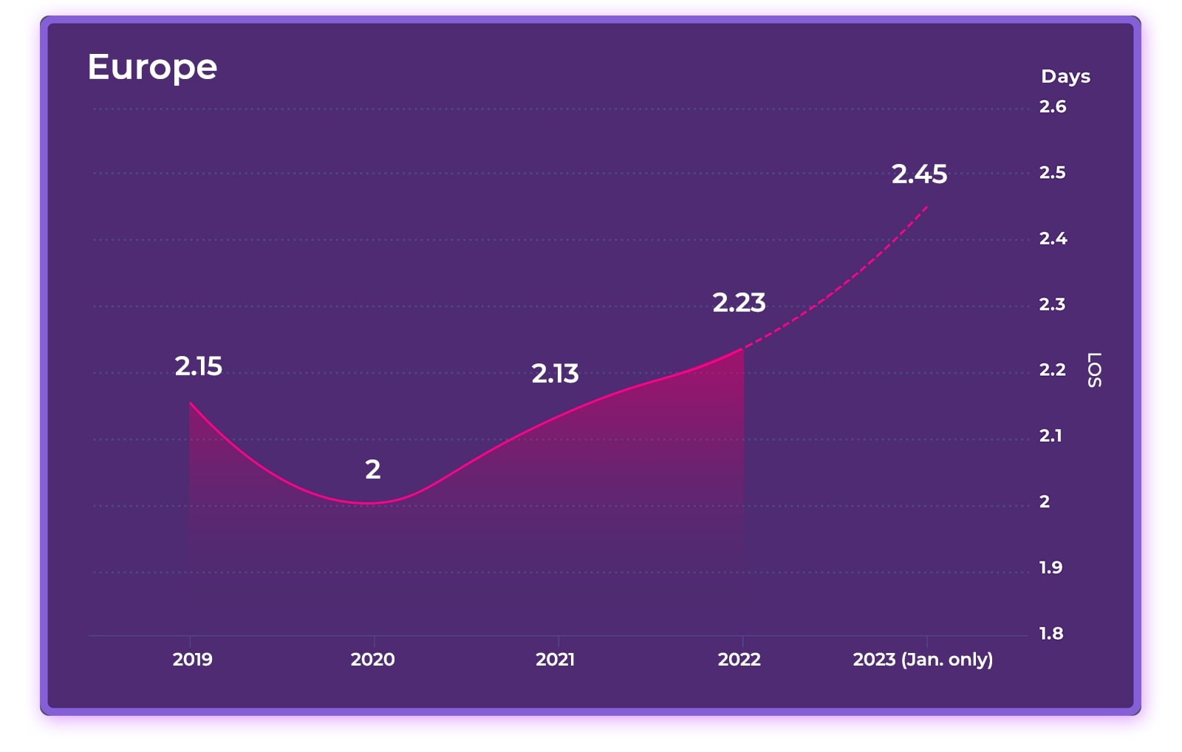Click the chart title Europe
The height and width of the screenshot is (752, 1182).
pos(152,67)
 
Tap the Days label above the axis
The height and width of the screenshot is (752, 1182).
pos(1065,76)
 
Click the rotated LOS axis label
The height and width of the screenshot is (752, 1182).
pos(1094,369)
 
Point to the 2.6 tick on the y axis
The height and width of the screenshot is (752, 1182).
pos(1052,107)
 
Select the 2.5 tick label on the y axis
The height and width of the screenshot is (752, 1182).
pos(1052,173)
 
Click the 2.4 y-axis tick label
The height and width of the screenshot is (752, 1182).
pos(1053,239)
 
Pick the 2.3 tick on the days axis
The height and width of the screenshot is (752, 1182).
pos(1052,304)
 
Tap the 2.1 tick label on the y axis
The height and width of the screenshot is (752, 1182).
pos(1051,436)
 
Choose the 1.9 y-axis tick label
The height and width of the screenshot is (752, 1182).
pos(1051,568)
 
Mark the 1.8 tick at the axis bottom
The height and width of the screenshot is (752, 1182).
pos(1051,634)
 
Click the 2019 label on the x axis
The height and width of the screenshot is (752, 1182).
pos(192,660)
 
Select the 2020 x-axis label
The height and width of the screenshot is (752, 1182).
pos(372,660)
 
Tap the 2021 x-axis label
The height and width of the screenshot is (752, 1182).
pos(555,660)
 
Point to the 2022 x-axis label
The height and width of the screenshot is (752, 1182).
pos(739,660)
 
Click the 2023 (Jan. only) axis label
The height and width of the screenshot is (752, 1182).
pos(923,660)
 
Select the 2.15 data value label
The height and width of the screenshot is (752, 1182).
pos(198,366)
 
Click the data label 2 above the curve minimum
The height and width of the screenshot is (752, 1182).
pos(372,470)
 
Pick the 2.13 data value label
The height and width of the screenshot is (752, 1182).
pos(555,374)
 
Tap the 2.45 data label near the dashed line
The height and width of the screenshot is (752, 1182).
pos(919,174)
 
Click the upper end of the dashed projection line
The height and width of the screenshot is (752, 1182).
pos(926,207)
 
